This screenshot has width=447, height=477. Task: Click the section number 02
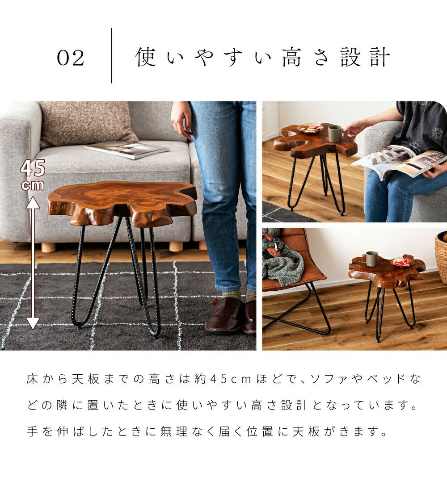click(70, 58)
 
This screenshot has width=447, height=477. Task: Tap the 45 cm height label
click(33, 175)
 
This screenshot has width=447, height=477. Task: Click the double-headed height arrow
click(33, 263)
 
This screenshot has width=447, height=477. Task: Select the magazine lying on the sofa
click(127, 150)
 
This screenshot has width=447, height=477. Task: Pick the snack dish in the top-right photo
click(310, 128)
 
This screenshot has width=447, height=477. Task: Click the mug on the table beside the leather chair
click(370, 259)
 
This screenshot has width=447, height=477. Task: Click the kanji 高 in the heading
click(291, 57)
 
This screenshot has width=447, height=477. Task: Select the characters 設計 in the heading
click(365, 57)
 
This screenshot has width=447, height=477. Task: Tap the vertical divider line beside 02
click(112, 55)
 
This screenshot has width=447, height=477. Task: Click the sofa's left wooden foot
click(49, 247)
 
